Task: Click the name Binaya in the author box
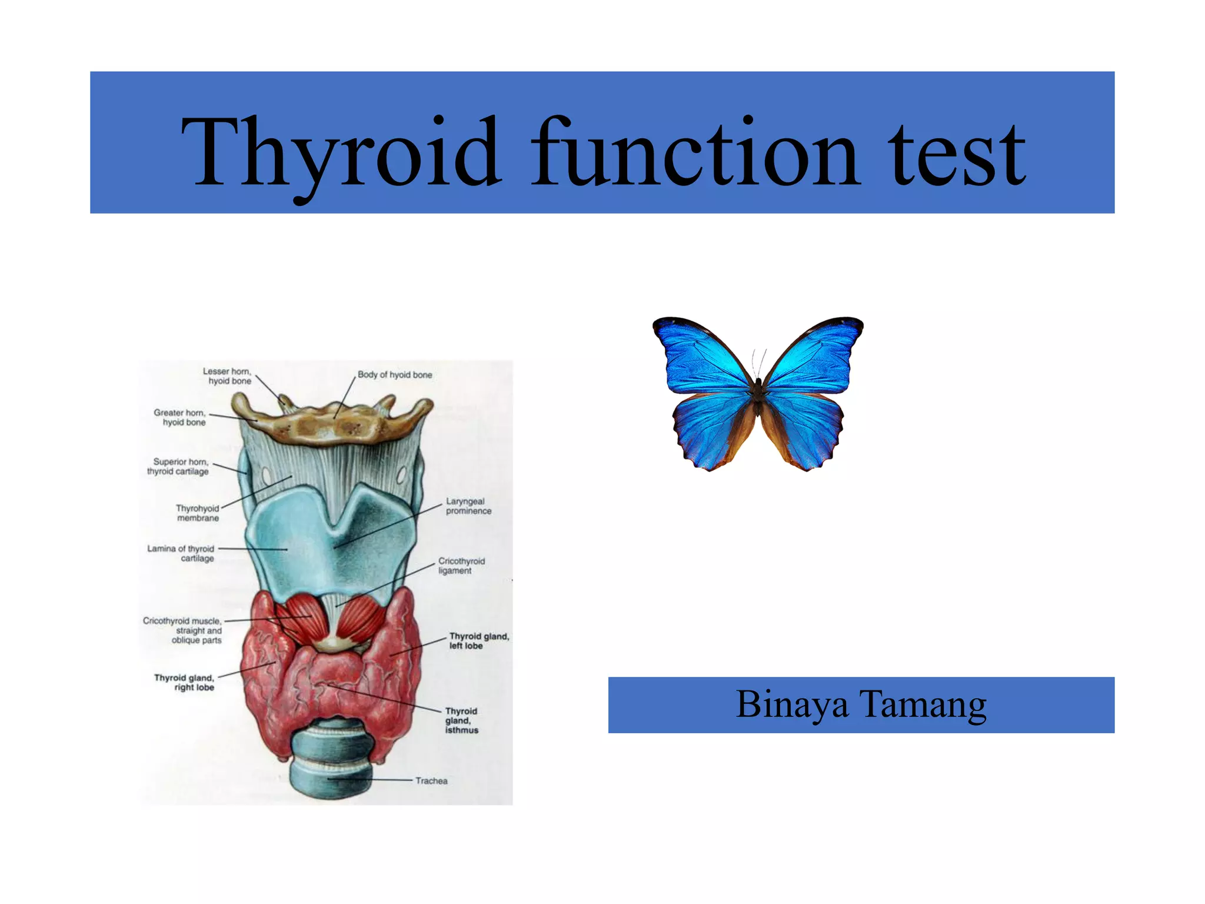792,704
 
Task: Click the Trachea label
431,781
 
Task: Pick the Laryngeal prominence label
468,506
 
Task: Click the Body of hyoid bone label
395,375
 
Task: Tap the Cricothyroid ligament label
461,566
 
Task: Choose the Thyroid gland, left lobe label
478,641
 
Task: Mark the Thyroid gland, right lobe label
185,683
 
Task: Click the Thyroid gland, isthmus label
461,720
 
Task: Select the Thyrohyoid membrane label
198,513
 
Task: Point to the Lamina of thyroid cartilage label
181,553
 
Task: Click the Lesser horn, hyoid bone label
227,376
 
